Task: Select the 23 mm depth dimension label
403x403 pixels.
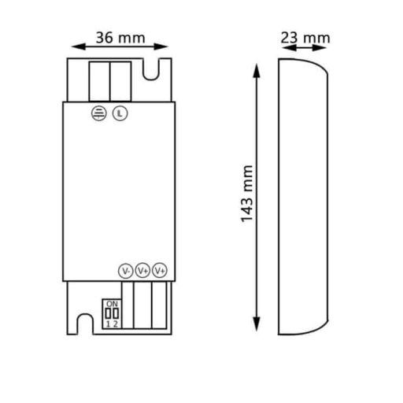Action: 305,37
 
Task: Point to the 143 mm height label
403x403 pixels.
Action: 246,194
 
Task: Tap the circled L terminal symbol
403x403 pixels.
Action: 118,112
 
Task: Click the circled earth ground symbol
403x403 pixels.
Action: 100,112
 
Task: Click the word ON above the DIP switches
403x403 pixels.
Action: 112,304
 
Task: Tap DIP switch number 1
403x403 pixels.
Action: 108,313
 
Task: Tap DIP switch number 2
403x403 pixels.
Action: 116,313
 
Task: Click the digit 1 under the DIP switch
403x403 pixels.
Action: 108,324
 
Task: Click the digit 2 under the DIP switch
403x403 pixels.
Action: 116,324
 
